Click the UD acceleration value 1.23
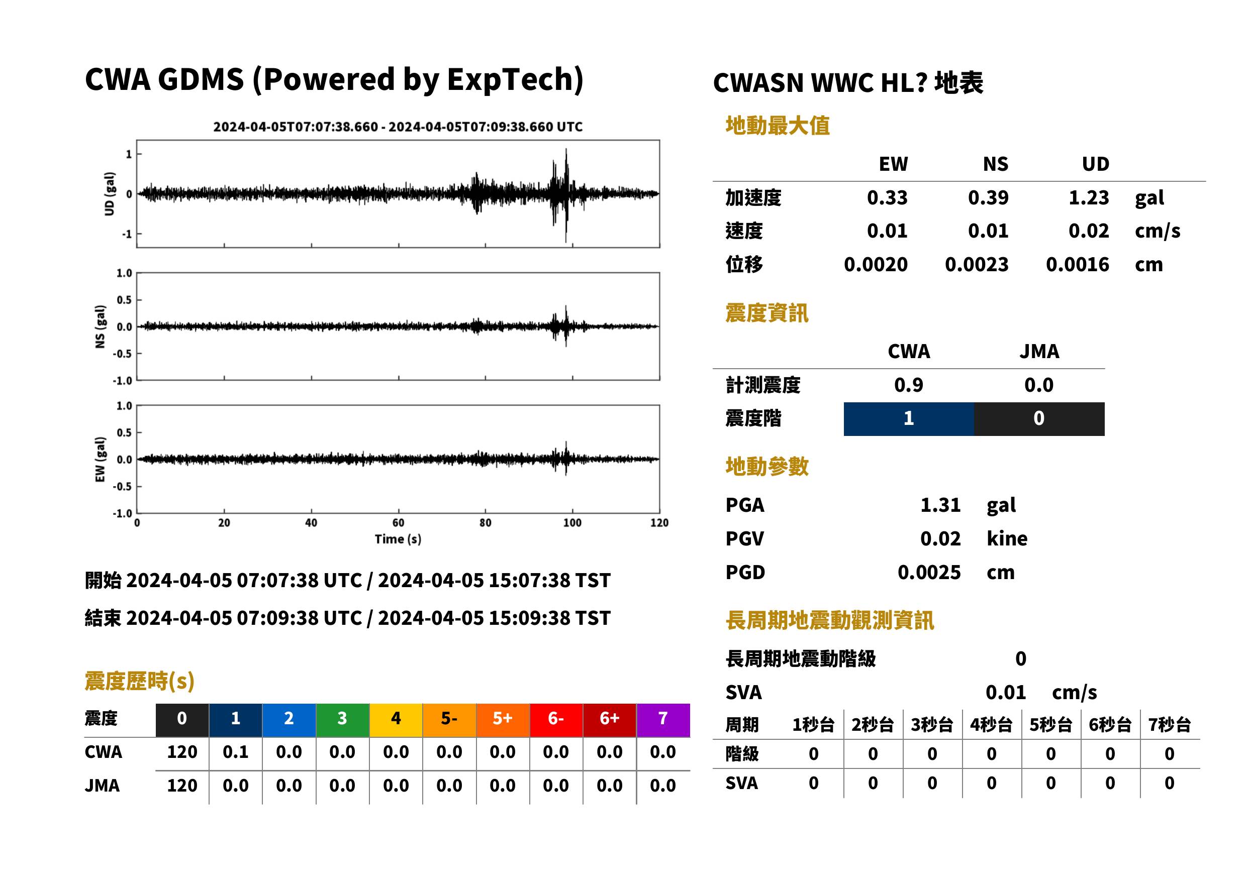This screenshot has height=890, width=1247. pyautogui.click(x=1089, y=197)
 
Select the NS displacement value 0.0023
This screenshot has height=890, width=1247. pyautogui.click(x=976, y=264)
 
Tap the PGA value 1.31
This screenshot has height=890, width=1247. pyautogui.click(x=940, y=505)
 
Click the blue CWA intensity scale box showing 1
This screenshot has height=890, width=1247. pyautogui.click(x=909, y=419)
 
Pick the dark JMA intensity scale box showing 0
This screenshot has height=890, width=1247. pyautogui.click(x=1039, y=419)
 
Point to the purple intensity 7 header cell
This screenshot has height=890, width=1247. pyautogui.click(x=663, y=720)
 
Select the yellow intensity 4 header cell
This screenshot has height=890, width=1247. pyautogui.click(x=396, y=720)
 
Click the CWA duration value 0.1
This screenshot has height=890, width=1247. pyautogui.click(x=236, y=752)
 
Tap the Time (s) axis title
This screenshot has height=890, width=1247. pyautogui.click(x=398, y=539)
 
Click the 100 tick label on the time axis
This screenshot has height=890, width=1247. pyautogui.click(x=572, y=523)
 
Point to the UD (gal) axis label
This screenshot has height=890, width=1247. pyautogui.click(x=110, y=193)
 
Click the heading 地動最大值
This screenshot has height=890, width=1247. pyautogui.click(x=778, y=126)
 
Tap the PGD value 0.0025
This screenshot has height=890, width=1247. pyautogui.click(x=929, y=572)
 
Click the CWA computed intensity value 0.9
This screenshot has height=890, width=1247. pyautogui.click(x=909, y=385)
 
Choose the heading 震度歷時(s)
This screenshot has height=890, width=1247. pyautogui.click(x=140, y=681)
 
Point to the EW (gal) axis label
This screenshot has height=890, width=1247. pyautogui.click(x=100, y=459)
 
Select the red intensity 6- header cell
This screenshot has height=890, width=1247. pyautogui.click(x=556, y=720)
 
